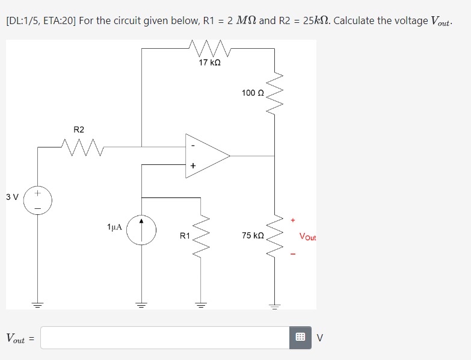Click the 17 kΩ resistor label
pos(209,63)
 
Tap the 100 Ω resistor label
pos(252,93)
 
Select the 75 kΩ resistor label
pos(253,235)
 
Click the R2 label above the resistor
pos(79,129)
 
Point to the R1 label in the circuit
pos(185,236)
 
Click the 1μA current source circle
pos(142,231)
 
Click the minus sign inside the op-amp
pos(192,145)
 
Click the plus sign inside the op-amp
pos(192,166)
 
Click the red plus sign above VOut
pos(293,220)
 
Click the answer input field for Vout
pos(166,338)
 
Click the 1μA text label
pos(114,227)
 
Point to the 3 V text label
pos(12,197)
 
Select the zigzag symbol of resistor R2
pos(82,145)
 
